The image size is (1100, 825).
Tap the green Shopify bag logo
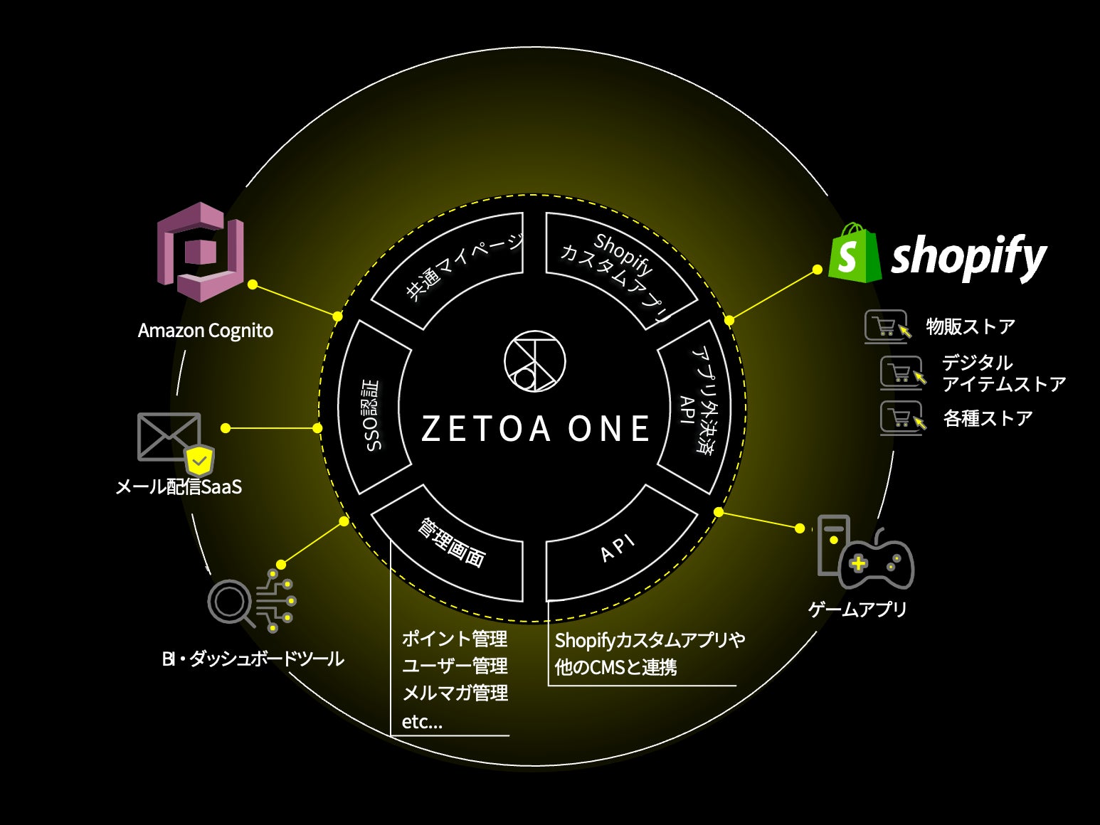point(855,253)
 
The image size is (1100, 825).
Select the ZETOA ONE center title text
point(535,428)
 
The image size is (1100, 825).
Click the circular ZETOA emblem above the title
point(534,361)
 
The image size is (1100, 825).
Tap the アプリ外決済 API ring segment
point(697,407)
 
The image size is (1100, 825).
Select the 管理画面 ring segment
point(453,543)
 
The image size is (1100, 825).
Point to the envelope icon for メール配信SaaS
point(168,436)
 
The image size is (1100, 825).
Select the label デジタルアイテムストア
point(1003,373)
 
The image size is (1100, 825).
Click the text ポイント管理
point(455,639)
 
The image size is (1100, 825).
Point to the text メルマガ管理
point(455,693)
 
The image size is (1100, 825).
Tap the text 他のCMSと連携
point(615,667)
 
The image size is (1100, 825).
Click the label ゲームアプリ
point(857,609)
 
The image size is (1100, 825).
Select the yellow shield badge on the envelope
point(200,462)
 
